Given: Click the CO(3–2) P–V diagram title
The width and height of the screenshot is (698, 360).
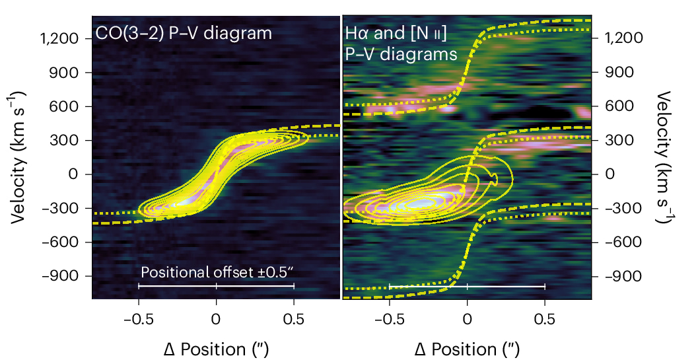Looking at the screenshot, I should (x=184, y=33).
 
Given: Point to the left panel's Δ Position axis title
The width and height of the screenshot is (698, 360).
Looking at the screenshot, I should (x=216, y=348).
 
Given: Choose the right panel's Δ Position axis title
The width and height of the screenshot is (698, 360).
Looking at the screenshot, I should (x=467, y=348).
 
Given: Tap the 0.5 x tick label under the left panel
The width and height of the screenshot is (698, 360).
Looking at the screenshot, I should (x=294, y=318).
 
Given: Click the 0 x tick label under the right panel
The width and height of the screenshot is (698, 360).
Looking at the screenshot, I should (x=467, y=318).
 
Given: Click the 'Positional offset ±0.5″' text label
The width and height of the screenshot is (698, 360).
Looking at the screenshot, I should (x=217, y=272).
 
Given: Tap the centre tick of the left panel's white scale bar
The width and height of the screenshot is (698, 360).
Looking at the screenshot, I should (x=216, y=286).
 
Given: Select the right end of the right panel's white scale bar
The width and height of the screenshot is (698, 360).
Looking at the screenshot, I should (x=545, y=286).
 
